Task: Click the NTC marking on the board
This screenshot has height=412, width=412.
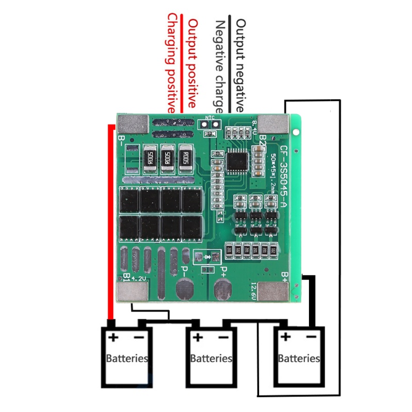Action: coord(210,117)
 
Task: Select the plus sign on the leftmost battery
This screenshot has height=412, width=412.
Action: coord(113,338)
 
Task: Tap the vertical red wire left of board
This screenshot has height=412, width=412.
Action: coord(110,221)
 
